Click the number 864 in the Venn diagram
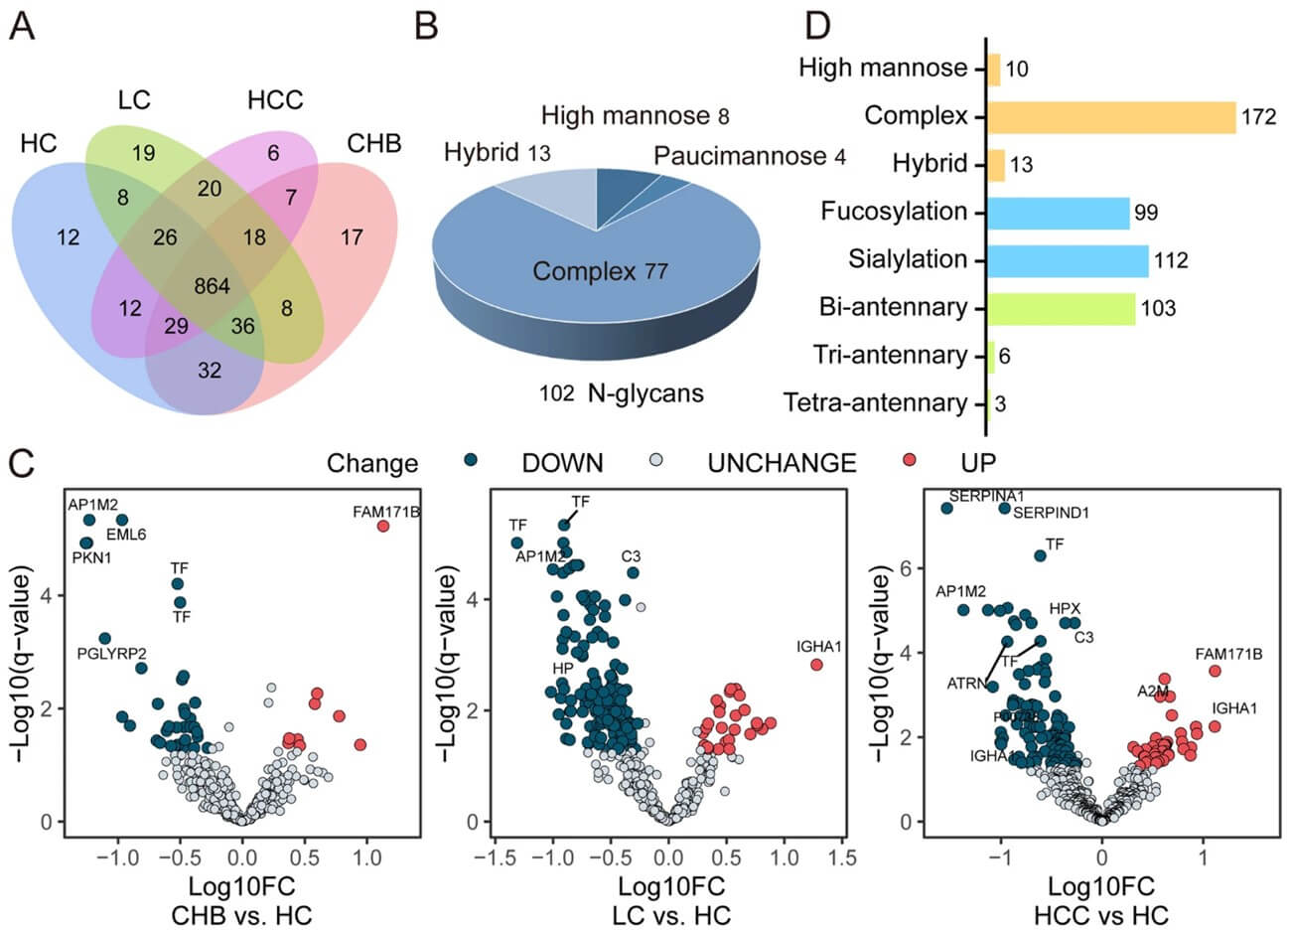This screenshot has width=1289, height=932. (211, 287)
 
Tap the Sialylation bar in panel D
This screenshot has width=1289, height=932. (1067, 260)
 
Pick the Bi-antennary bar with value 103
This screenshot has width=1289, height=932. (1061, 308)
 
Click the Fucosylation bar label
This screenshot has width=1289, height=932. (894, 212)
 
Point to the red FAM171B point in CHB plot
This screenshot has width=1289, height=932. (383, 527)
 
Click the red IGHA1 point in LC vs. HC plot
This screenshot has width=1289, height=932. (816, 665)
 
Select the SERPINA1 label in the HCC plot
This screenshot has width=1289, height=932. (986, 495)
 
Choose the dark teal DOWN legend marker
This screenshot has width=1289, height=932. (473, 462)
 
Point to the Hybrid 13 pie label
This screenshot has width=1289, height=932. (497, 153)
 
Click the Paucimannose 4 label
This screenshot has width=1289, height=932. (750, 157)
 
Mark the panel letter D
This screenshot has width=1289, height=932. (816, 25)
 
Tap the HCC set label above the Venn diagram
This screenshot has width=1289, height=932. (275, 100)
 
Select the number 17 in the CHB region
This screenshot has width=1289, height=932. (352, 237)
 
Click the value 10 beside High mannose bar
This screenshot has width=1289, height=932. (1016, 69)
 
